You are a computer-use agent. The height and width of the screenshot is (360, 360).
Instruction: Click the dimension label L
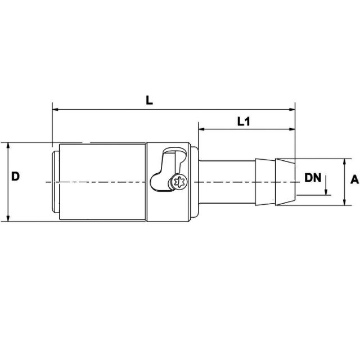point(148,100)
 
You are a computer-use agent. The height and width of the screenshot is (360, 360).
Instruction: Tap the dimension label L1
point(244,121)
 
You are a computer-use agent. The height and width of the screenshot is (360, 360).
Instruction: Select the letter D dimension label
point(16,177)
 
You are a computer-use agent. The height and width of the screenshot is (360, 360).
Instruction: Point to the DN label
point(313,178)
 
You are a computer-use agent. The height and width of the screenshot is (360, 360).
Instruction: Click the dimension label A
point(354,180)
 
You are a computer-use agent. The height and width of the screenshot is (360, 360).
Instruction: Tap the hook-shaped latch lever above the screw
point(169,163)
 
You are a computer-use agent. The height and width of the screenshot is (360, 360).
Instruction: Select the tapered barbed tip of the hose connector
point(285,181)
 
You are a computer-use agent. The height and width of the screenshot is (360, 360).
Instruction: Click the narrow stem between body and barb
point(225,181)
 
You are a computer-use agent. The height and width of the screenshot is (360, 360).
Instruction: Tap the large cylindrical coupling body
point(101,181)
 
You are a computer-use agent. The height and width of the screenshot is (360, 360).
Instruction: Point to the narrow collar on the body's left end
point(55,181)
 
